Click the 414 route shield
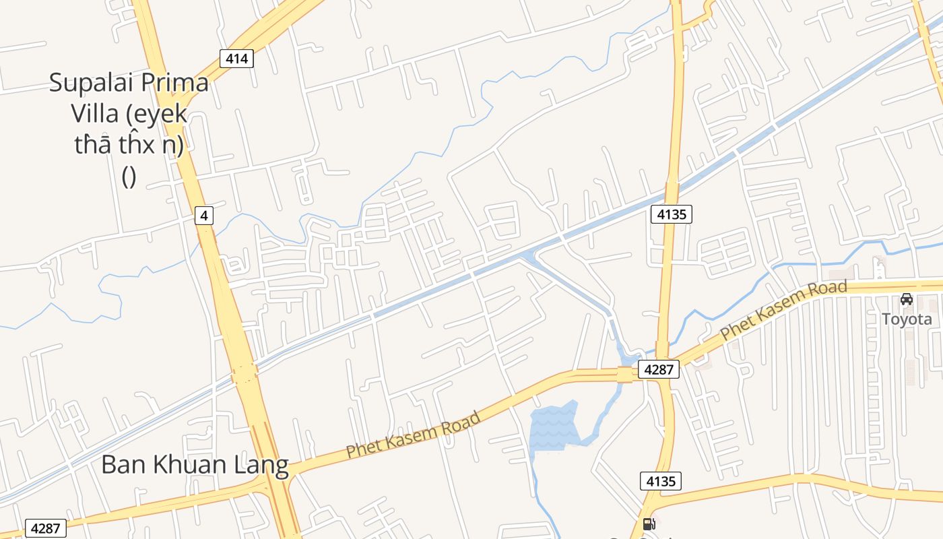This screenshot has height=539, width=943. click(236, 59)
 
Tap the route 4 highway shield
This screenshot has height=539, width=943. click(204, 216)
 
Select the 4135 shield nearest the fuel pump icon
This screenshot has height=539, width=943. click(661, 481)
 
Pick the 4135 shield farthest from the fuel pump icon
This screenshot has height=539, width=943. click(672, 214)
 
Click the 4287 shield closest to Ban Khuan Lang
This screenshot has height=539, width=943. click(46, 528)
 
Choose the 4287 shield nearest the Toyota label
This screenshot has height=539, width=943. click(659, 369)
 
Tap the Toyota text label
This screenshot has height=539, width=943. click(907, 319)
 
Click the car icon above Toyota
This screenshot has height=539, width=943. click(907, 299)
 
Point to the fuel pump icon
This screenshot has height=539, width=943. click(649, 524)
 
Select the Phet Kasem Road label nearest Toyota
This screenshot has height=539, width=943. click(783, 310)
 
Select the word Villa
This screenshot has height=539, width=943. click(95, 114)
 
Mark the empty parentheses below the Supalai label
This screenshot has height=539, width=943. click(129, 177)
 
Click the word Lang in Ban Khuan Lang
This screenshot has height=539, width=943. click(264, 465)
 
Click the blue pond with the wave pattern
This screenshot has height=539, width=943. click(554, 426)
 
